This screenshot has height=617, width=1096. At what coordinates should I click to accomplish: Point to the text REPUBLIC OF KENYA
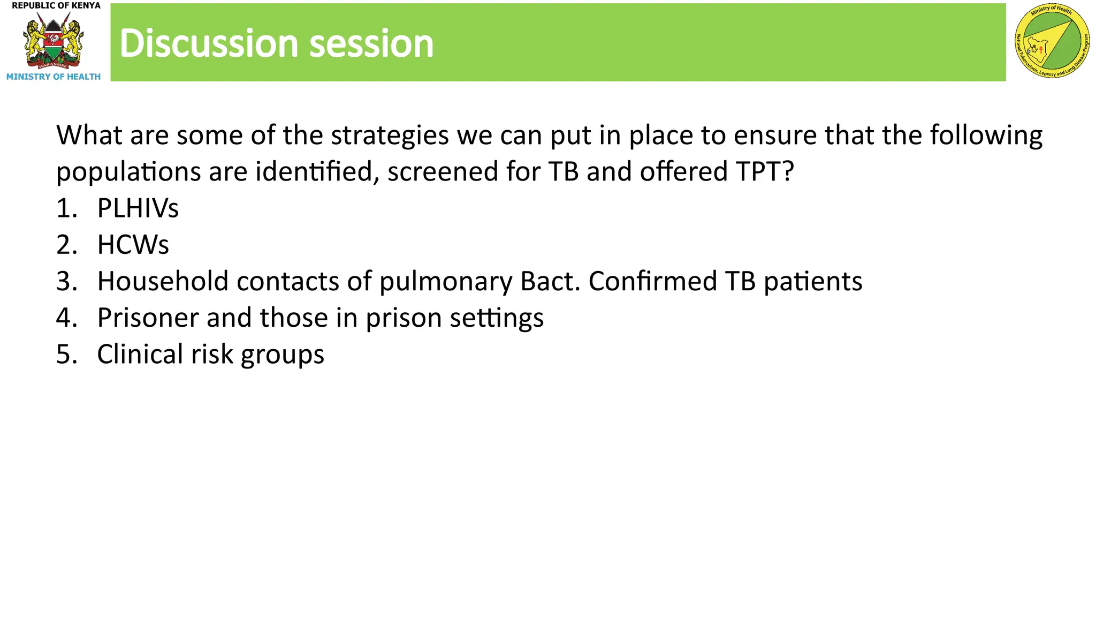tap(56, 6)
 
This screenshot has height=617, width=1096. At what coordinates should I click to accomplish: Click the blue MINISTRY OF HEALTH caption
tap(54, 77)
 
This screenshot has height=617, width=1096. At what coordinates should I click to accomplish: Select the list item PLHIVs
tap(138, 208)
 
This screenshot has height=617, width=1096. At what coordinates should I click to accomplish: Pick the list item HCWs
tap(133, 245)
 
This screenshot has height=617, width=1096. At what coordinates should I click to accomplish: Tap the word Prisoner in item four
tap(147, 318)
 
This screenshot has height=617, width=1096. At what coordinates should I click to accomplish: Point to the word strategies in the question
tap(390, 136)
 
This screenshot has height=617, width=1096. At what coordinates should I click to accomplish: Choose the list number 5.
tap(66, 354)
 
